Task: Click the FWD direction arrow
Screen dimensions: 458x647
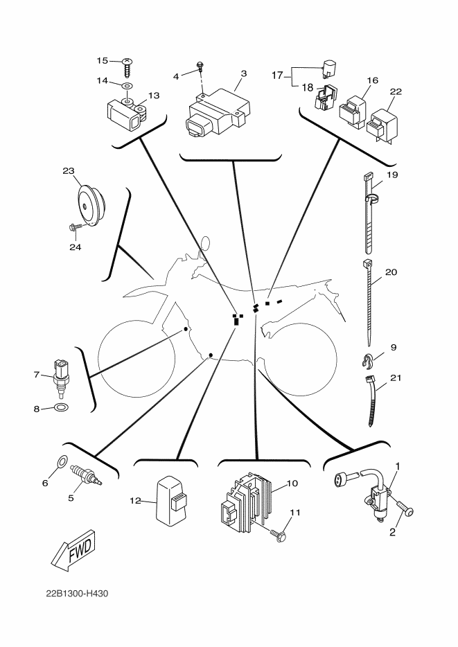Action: coord(73,550)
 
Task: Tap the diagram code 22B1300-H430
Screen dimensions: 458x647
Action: coord(77,594)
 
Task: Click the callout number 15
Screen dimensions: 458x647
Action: coord(103,61)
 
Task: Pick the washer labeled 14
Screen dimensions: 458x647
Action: coord(127,86)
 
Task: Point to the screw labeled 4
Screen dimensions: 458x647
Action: coord(200,66)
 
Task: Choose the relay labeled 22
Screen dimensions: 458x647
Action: coord(384,123)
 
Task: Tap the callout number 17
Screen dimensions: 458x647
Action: coord(277,76)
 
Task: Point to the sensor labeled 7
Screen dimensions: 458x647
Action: coord(62,376)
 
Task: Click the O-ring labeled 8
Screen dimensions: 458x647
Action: coord(62,408)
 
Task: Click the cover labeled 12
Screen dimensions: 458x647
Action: coord(171,501)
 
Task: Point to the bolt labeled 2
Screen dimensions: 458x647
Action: coord(405,511)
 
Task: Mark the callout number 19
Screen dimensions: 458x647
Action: coord(392,175)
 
